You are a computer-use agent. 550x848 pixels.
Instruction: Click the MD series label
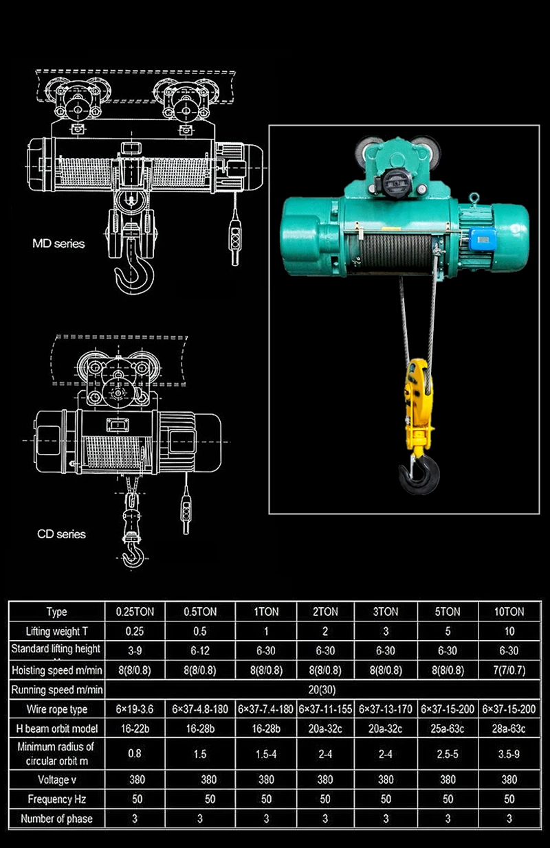point(58,243)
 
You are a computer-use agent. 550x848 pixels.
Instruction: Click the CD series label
point(61,534)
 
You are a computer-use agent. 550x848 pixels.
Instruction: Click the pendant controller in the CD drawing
point(186,516)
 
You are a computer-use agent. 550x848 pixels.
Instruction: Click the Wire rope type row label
point(57,709)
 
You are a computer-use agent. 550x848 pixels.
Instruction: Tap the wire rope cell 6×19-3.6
point(135,709)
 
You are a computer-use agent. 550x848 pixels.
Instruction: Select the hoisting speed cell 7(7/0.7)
point(509,670)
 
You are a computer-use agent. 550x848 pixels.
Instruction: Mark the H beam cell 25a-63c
point(448,729)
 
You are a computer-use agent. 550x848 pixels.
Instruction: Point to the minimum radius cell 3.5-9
point(509,753)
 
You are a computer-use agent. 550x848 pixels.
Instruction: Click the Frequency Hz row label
point(57,799)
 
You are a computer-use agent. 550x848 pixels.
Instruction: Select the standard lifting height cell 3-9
point(135,650)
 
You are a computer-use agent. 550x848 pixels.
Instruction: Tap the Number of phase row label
point(57,818)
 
